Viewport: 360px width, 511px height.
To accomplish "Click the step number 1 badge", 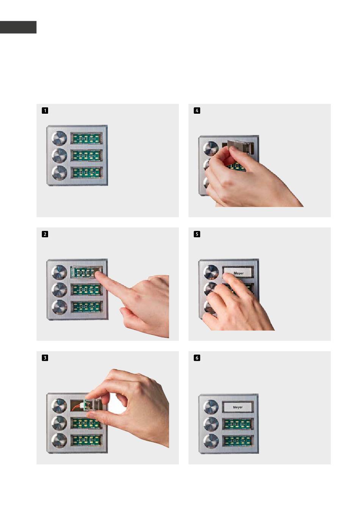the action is tap(45, 111).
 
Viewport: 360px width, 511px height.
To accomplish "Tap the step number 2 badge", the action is tap(45, 234).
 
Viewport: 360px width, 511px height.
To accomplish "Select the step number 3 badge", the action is tap(45, 358).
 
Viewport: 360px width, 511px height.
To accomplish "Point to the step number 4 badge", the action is tap(197, 111).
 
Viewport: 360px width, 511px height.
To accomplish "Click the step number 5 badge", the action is tap(197, 234).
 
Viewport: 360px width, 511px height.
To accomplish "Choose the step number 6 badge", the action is tap(197, 358).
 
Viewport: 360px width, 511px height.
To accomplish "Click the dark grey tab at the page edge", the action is tap(18, 27).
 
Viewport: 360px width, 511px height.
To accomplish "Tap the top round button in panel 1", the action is tap(59, 138).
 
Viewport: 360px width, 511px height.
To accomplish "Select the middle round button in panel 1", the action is tap(59, 155).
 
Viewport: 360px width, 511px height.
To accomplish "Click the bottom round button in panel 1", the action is tap(59, 173).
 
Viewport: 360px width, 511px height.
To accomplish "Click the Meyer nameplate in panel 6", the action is tap(238, 407).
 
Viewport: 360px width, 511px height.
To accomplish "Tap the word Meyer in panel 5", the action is tap(238, 273).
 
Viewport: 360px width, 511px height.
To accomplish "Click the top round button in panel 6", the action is tap(211, 407).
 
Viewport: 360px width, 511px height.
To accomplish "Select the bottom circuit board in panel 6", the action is tap(238, 441).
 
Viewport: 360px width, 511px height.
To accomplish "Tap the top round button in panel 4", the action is tap(211, 148).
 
